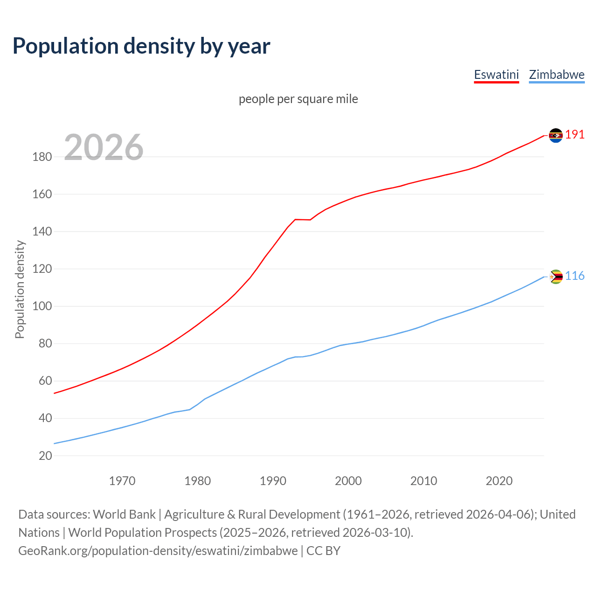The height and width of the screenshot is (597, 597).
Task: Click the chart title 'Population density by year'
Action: (141, 46)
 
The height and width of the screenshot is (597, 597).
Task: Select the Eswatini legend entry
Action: (496, 75)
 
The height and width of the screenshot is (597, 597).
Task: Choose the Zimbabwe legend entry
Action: (556, 75)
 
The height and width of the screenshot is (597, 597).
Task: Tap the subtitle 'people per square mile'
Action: (298, 99)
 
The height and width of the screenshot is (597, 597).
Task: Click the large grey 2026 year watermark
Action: (104, 147)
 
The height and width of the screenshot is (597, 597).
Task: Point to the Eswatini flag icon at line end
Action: (555, 135)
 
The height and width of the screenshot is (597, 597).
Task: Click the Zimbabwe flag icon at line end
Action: (555, 277)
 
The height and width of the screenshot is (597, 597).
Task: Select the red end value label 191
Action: (575, 135)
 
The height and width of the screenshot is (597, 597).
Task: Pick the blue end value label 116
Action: (575, 276)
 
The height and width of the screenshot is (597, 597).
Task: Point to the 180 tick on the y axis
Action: (42, 157)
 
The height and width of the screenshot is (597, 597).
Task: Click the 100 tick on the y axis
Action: (42, 306)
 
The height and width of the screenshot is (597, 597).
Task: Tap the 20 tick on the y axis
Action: (45, 456)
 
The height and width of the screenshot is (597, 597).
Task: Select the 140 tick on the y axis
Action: (42, 232)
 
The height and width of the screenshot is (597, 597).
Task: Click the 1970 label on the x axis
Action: (122, 481)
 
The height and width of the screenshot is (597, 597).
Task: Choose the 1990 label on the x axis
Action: (273, 481)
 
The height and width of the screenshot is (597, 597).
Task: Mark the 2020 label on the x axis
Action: (499, 481)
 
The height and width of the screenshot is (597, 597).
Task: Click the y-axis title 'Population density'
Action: (20, 289)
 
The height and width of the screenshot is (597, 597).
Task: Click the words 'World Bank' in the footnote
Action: (124, 514)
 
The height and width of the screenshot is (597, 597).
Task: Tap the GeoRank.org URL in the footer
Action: (158, 551)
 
